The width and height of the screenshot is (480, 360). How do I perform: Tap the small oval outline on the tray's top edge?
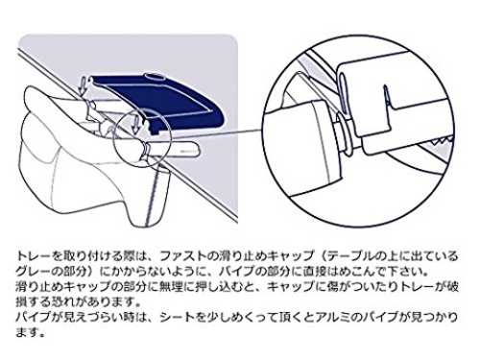pos(155,77)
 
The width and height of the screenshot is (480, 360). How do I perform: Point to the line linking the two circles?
pos(217,134)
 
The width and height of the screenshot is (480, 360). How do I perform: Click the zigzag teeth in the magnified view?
pos(443,140)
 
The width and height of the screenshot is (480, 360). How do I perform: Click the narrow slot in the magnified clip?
pos(387,96)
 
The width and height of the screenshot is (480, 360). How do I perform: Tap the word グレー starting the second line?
pos(33,272)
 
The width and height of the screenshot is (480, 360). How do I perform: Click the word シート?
pos(177,318)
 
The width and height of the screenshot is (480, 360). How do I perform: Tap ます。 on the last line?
pos(30,333)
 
